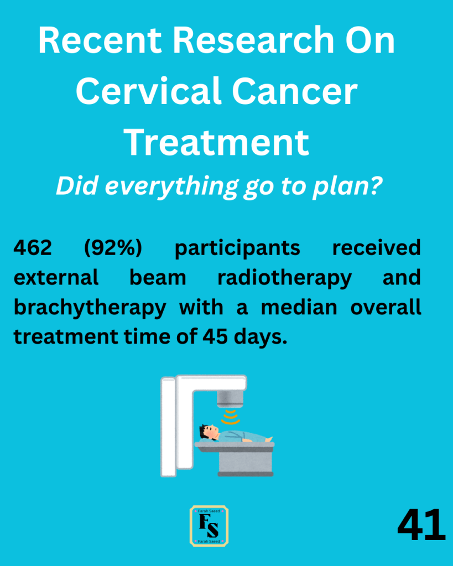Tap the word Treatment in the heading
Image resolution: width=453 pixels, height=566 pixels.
217,142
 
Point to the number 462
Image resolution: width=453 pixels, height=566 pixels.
33,248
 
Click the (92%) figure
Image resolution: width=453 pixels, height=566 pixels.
113,248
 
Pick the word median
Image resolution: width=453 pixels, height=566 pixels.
299,307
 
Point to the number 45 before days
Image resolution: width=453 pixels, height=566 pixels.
215,337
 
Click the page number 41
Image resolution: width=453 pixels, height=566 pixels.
421,525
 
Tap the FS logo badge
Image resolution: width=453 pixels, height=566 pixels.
209,526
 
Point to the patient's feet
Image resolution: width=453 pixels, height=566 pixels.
268,439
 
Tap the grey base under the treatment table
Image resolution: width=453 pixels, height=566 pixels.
246,462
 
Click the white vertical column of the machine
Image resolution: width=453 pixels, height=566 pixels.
168,427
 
